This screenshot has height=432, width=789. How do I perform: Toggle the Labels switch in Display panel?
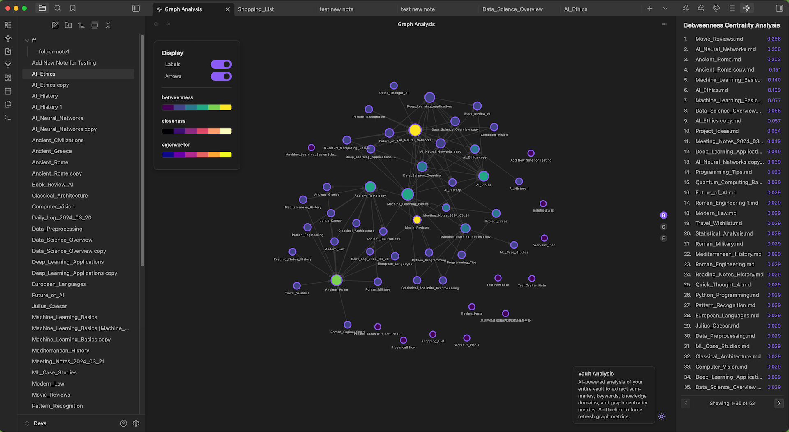(x=221, y=65)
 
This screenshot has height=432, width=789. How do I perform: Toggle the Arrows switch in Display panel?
(x=221, y=76)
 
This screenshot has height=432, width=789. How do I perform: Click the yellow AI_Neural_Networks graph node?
(x=415, y=130)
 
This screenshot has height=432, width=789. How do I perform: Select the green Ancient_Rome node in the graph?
(x=337, y=280)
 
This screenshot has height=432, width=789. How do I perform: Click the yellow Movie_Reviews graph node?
(x=417, y=220)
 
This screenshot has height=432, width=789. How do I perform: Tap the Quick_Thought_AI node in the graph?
(x=394, y=85)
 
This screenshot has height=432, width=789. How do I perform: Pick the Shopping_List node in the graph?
(x=433, y=334)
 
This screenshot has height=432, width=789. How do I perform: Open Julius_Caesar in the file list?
(x=49, y=306)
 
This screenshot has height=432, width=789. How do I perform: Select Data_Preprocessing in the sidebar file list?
(x=57, y=229)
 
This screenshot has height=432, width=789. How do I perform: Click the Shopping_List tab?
(x=256, y=9)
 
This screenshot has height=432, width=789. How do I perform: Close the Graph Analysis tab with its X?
(x=228, y=9)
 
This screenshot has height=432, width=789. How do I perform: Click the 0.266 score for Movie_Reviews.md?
(x=774, y=39)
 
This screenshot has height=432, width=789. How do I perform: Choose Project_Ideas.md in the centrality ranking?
(x=717, y=131)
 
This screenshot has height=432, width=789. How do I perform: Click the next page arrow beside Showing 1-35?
(x=779, y=403)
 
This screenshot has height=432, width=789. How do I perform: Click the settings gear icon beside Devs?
(x=136, y=423)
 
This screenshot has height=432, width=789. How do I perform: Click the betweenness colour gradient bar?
(x=196, y=107)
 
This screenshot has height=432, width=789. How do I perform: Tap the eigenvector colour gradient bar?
(x=196, y=155)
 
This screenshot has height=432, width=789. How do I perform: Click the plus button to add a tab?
(x=650, y=9)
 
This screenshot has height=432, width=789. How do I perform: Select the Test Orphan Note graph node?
(x=532, y=278)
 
